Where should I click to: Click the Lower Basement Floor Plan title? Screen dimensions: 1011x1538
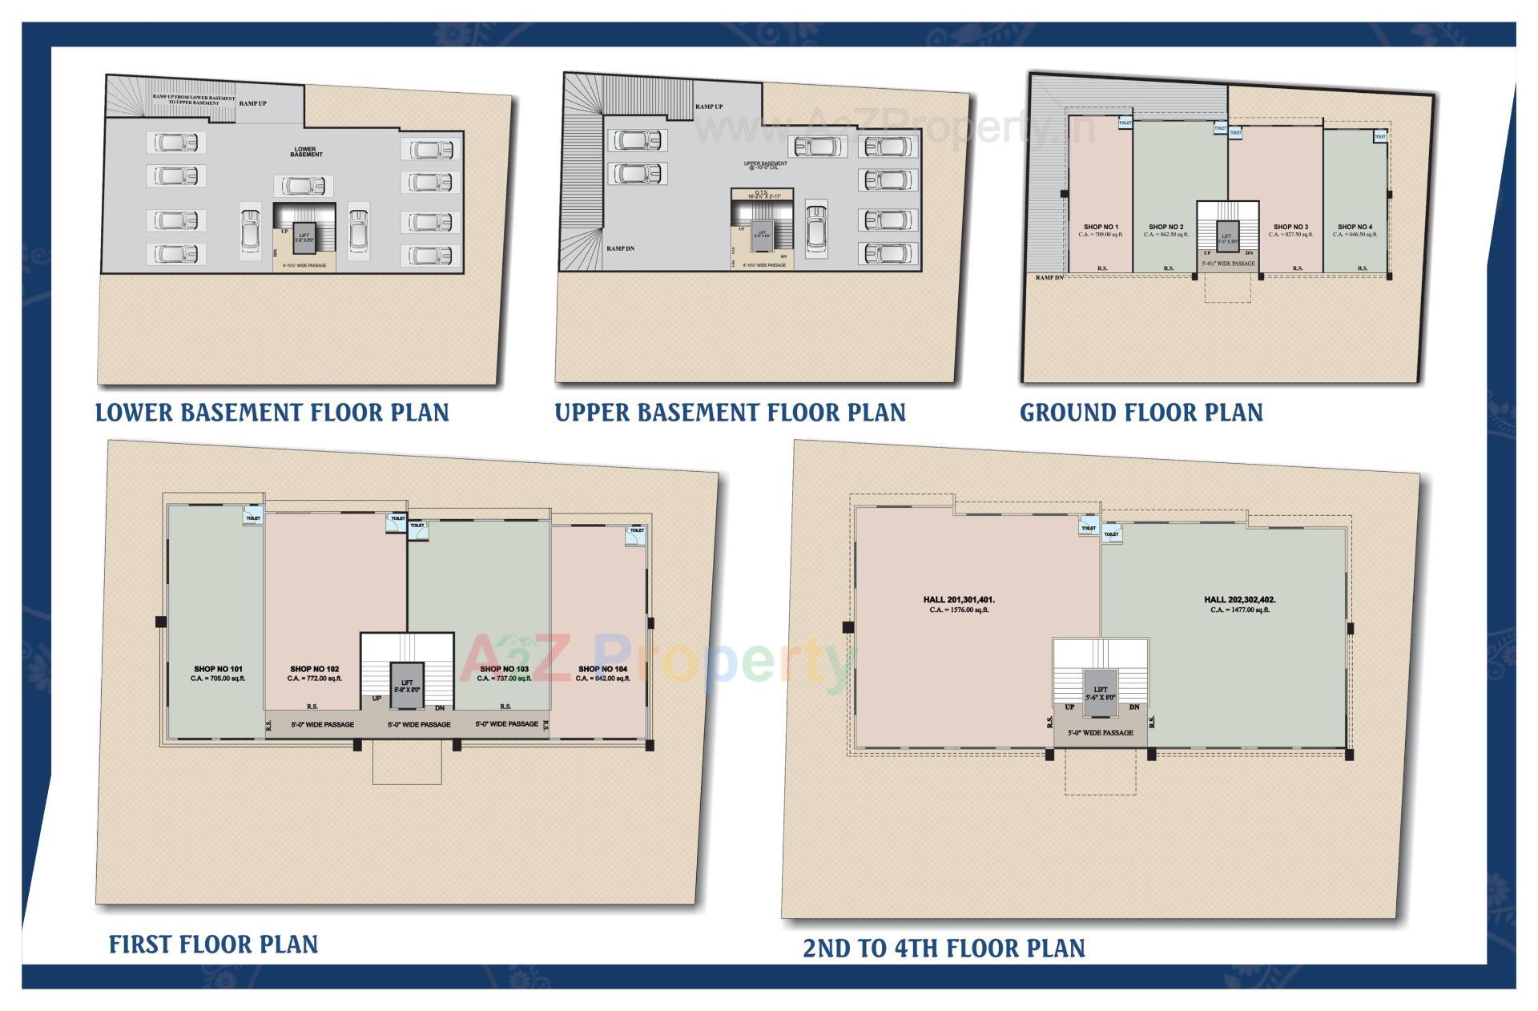pyautogui.click(x=272, y=413)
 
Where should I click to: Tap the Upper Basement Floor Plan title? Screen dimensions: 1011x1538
pyautogui.click(x=730, y=413)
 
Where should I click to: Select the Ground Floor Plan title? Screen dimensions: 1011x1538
pyautogui.click(x=1141, y=413)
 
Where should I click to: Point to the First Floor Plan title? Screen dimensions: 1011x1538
pyautogui.click(x=213, y=945)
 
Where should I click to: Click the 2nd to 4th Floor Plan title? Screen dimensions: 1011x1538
pyautogui.click(x=944, y=949)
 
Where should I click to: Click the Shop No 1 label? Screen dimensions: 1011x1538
pyautogui.click(x=1101, y=228)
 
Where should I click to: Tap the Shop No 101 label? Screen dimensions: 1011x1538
pyautogui.click(x=218, y=669)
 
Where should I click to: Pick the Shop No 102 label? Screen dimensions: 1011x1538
pyautogui.click(x=314, y=669)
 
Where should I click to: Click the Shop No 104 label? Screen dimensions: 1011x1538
pyautogui.click(x=602, y=669)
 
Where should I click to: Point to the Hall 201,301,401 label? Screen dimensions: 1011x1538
pyautogui.click(x=959, y=599)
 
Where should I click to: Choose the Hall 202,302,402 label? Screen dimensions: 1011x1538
pyautogui.click(x=1239, y=599)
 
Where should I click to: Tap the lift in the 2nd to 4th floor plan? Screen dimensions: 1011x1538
pyautogui.click(x=1101, y=692)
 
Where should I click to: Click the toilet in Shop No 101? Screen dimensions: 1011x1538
pyautogui.click(x=253, y=518)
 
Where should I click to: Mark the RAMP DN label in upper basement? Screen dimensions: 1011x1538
pyautogui.click(x=620, y=249)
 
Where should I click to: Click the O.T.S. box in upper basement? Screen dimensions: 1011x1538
pyautogui.click(x=762, y=194)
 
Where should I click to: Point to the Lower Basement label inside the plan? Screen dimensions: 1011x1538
pyautogui.click(x=305, y=151)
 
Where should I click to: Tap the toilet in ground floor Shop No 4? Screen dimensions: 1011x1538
pyautogui.click(x=1379, y=137)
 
